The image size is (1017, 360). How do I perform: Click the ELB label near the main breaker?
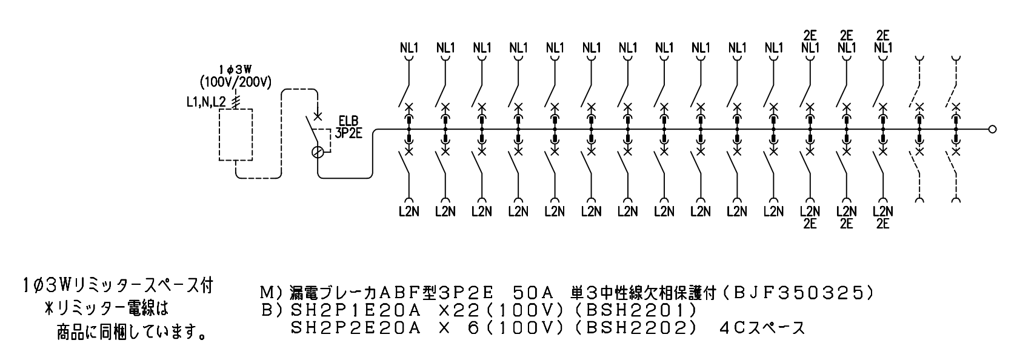tap(348, 121)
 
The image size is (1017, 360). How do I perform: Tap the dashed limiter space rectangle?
tap(236, 135)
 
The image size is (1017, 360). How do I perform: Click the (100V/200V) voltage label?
tap(236, 82)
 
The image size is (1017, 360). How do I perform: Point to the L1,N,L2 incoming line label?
tap(206, 102)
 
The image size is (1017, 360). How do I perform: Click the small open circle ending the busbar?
tap(993, 129)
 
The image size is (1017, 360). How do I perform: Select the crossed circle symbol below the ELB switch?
tap(319, 153)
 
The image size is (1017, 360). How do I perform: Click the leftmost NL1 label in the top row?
tap(409, 47)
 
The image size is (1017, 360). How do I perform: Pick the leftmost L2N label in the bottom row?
tap(409, 212)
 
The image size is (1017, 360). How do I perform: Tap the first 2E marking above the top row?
tap(810, 35)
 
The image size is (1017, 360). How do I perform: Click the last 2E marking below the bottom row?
tap(883, 224)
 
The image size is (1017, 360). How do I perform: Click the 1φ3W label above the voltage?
tap(235, 70)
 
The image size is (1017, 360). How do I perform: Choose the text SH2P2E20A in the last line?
tap(356, 328)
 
